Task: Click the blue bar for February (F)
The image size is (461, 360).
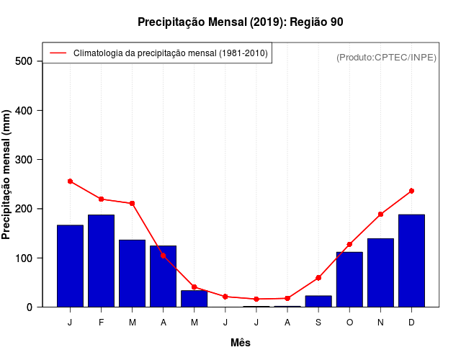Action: [x=101, y=261]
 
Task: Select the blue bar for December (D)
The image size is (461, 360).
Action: [x=411, y=261]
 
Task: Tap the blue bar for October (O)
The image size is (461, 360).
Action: [x=349, y=279]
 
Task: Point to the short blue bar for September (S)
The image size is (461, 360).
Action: [x=318, y=301]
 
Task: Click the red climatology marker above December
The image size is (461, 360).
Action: [x=411, y=191]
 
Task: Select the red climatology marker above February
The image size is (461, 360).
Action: [x=101, y=199]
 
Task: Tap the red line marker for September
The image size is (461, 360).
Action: [x=318, y=278]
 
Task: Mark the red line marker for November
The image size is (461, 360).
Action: [x=380, y=215]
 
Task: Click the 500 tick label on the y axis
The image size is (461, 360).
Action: [x=23, y=61]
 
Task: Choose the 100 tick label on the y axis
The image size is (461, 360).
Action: [x=23, y=258]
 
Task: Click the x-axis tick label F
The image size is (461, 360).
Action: [x=101, y=323]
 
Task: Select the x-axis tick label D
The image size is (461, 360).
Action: [x=411, y=323]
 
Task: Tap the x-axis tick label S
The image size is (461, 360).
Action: [x=318, y=323]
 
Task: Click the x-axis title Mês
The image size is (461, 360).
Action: [x=241, y=343]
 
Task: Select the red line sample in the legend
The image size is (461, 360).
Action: [x=58, y=53]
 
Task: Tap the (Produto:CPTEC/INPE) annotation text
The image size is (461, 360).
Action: [x=386, y=57]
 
